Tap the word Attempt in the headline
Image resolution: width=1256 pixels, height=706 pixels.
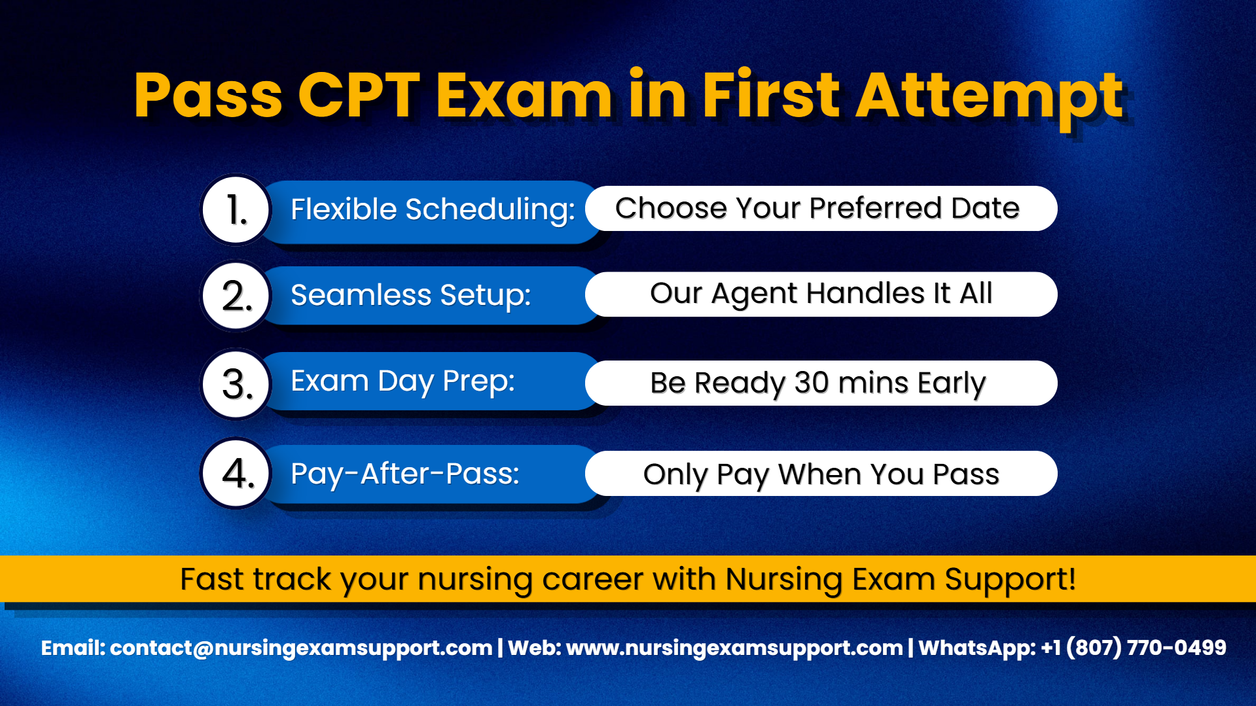pos(990,99)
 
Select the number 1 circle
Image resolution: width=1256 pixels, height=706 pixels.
pos(236,209)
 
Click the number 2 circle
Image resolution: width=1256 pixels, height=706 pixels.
pos(236,295)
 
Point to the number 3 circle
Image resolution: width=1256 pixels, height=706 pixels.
pos(236,383)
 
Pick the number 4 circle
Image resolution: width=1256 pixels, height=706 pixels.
pos(236,473)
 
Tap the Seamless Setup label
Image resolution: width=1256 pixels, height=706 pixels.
pos(410,296)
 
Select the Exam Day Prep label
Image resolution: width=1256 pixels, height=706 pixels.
pos(403,382)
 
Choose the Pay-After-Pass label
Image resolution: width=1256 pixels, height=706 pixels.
pos(404,474)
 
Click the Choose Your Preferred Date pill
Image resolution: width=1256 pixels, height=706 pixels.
pos(821,208)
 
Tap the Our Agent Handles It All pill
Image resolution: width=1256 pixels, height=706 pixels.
pos(821,294)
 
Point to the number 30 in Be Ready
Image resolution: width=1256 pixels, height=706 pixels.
pos(812,383)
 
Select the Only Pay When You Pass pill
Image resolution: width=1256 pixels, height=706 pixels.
pos(821,473)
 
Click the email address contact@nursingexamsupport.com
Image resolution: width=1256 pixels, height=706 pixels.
pos(301,648)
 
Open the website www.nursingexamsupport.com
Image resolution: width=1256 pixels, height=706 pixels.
pos(734,648)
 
